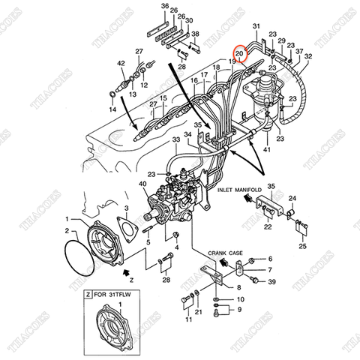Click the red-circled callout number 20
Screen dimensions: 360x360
point(240,54)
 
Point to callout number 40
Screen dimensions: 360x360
point(143,184)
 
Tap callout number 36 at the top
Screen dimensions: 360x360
point(164,6)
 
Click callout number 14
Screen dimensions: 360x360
point(112,110)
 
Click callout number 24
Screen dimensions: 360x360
point(293,197)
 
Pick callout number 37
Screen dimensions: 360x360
point(299,52)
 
